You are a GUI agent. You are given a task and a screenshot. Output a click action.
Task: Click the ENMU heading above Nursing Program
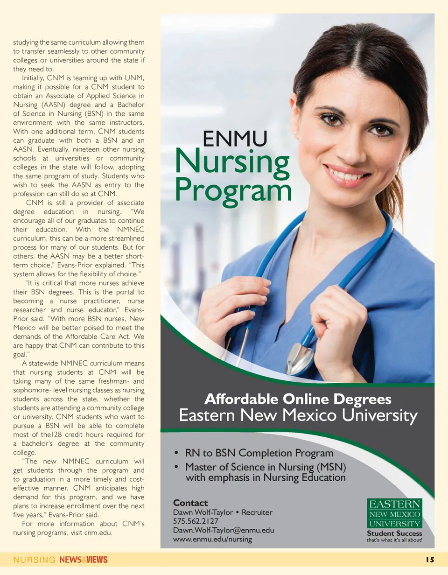[x=235, y=139]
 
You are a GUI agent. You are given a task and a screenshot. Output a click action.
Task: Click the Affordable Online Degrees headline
[x=298, y=400]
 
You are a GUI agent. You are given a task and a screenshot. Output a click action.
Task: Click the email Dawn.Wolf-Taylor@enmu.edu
[x=223, y=530]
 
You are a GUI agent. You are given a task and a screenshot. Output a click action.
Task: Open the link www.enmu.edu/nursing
[x=212, y=539]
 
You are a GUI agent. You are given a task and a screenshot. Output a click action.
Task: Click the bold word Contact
[x=190, y=503]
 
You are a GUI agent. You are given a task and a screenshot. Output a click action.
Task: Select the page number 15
[x=429, y=560]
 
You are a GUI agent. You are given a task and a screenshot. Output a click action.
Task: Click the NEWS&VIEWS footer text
[x=84, y=560]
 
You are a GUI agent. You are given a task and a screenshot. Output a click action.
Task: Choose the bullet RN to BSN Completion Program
[x=259, y=453]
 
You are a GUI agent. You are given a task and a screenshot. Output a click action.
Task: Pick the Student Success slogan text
[x=394, y=533]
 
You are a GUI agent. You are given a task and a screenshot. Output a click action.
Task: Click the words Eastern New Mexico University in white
[x=298, y=415]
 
